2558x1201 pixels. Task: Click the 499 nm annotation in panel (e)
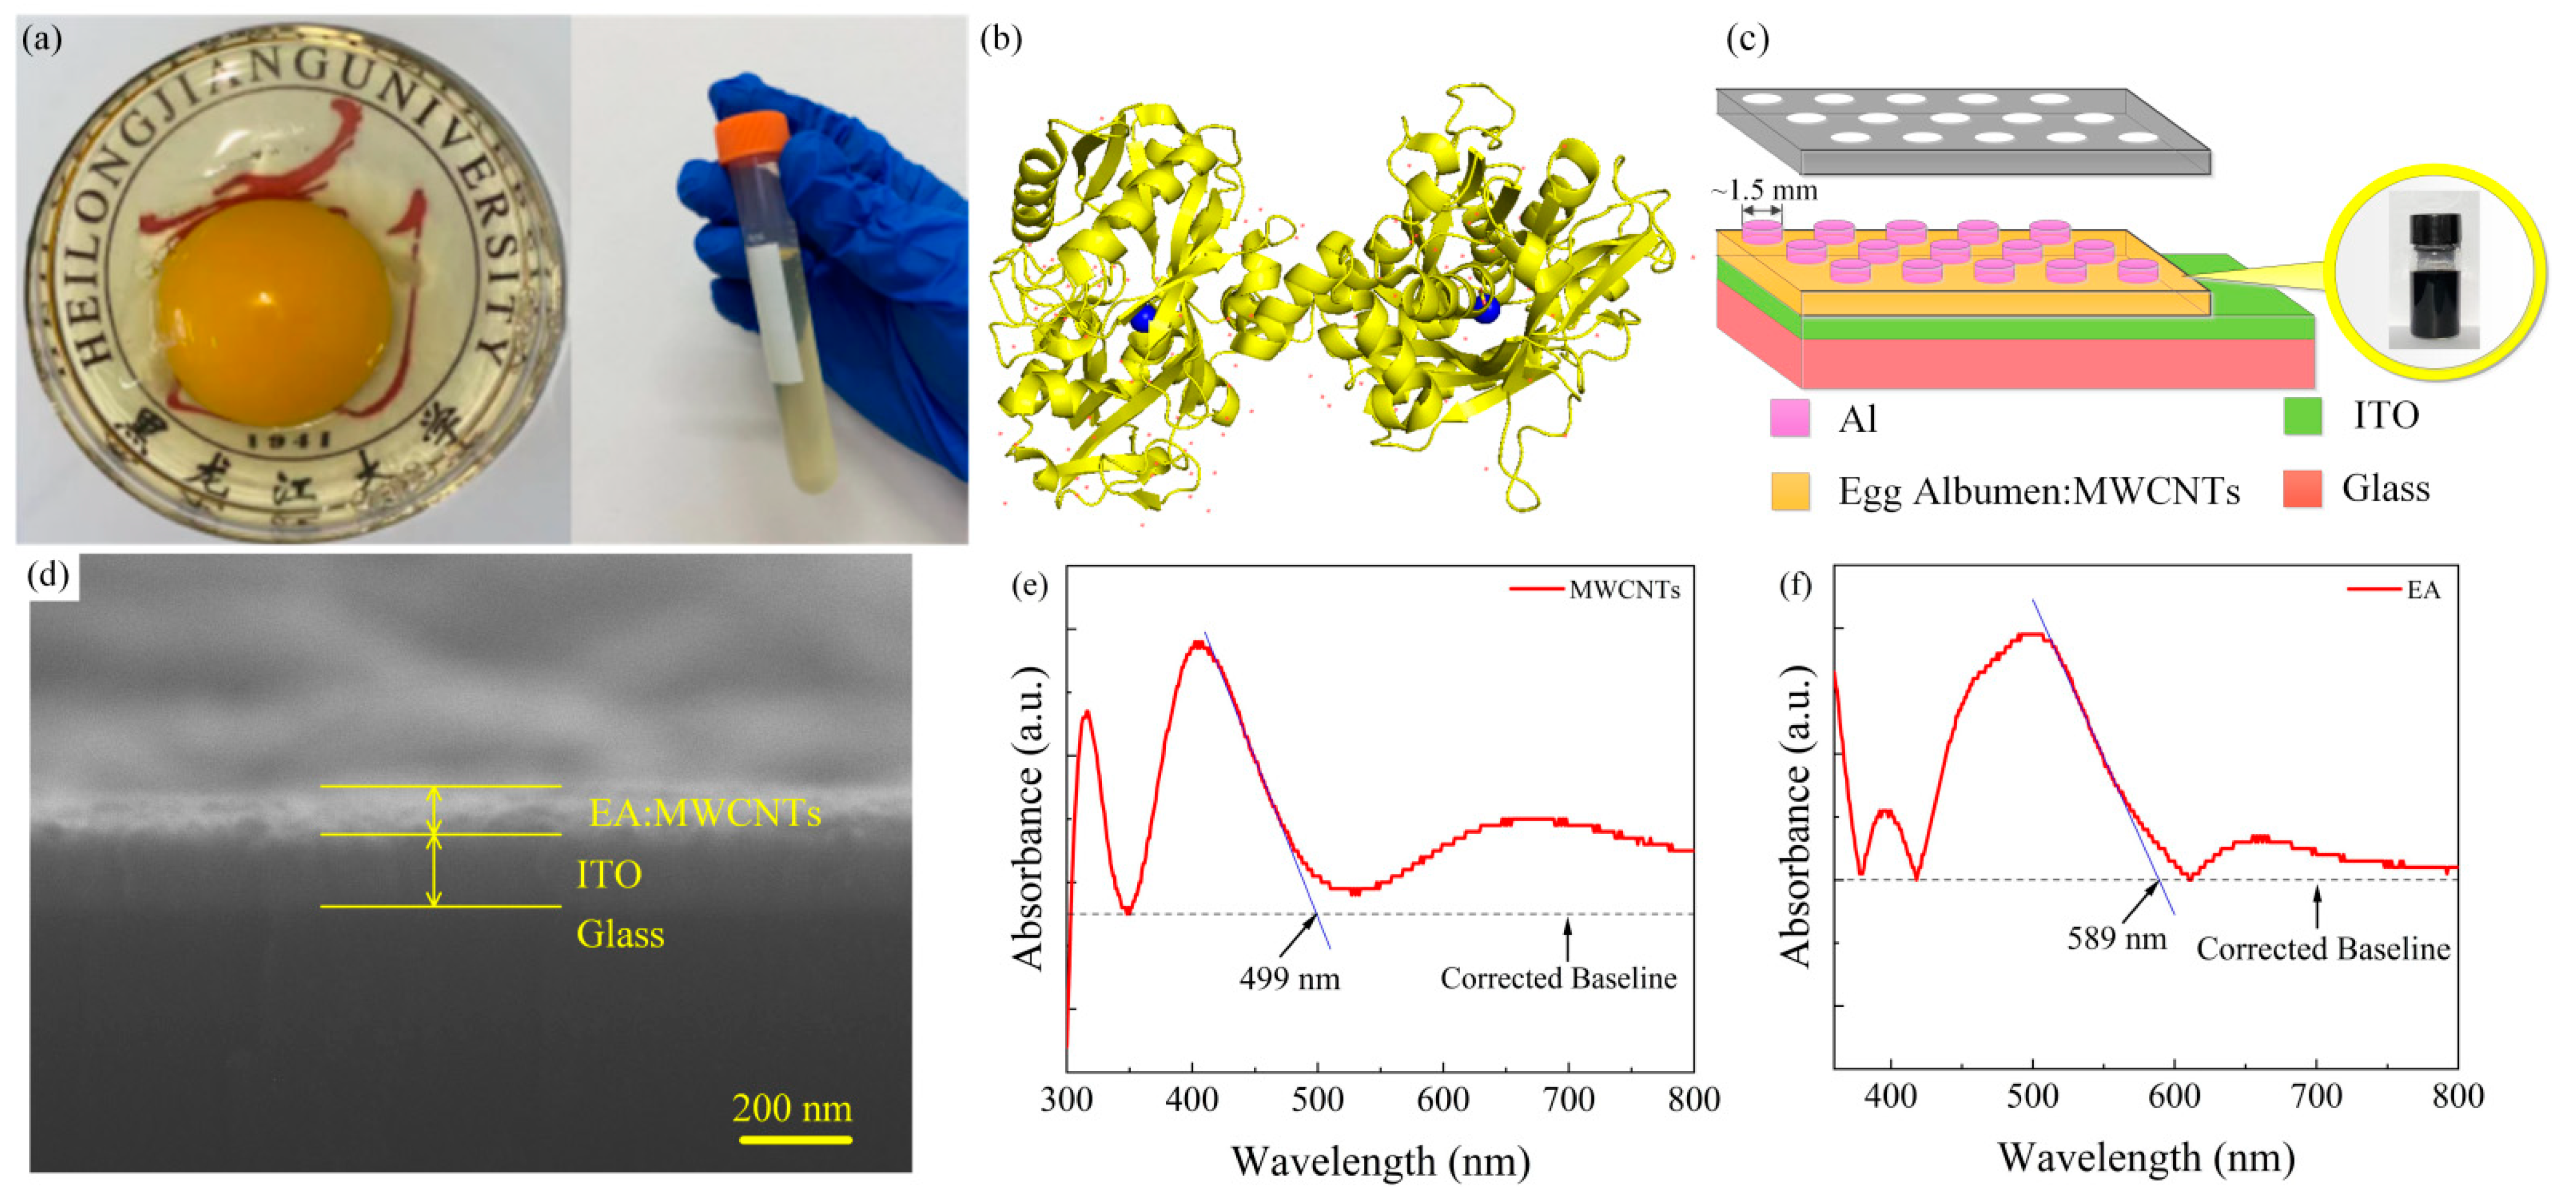click(x=1289, y=979)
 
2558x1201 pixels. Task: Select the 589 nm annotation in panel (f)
click(x=2116, y=938)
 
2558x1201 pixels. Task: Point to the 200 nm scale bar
click(x=794, y=1138)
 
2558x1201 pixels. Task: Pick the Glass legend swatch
click(x=2302, y=488)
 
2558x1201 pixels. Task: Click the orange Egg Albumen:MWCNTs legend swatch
click(x=1790, y=491)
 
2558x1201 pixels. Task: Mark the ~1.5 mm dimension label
click(x=1764, y=190)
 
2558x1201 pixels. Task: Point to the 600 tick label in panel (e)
click(x=1443, y=1100)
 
